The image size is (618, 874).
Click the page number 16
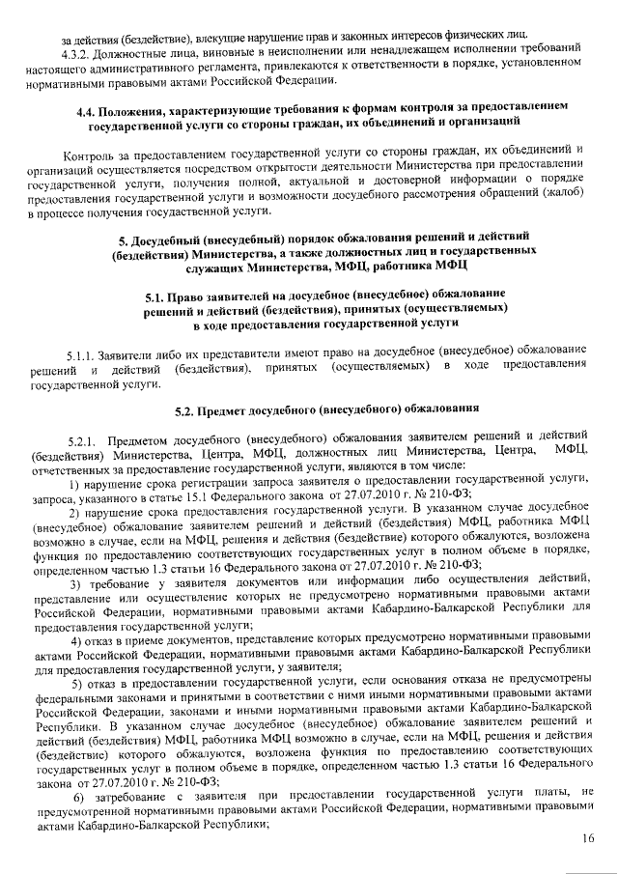587,840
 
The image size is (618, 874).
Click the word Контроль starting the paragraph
87,155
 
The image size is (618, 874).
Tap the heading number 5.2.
185,409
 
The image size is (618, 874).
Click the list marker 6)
76,792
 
